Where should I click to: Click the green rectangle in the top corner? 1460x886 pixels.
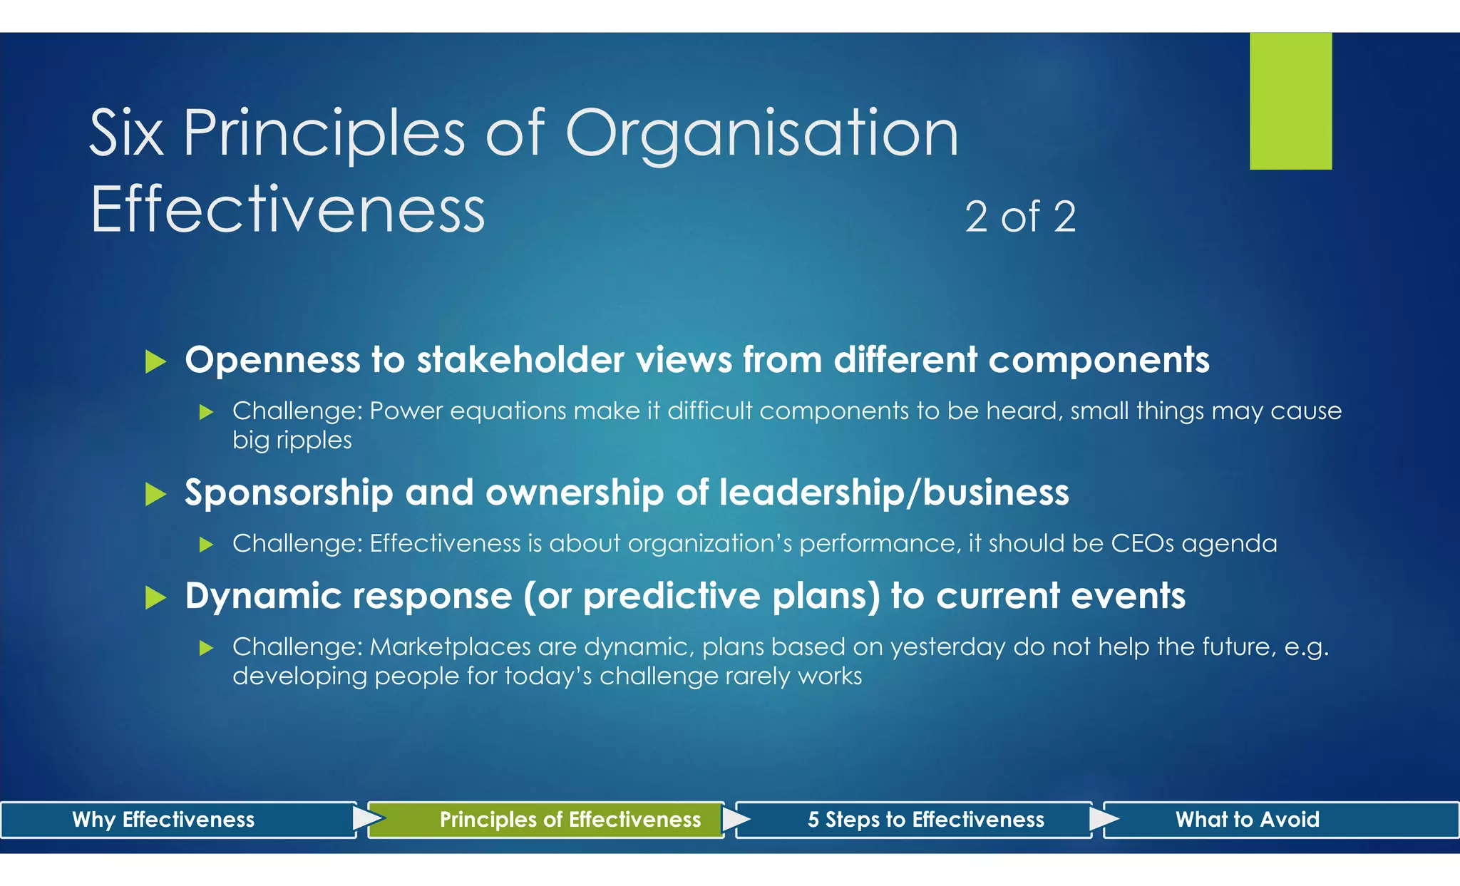coord(1290,101)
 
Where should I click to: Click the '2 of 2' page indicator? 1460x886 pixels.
coord(1020,217)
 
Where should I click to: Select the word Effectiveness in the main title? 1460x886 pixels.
coord(287,210)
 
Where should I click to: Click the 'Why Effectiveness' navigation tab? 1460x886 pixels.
coord(164,820)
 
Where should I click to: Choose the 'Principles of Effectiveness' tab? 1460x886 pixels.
coord(570,820)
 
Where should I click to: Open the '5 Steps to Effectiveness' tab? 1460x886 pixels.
coord(925,820)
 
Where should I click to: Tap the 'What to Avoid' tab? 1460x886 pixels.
coord(1247,820)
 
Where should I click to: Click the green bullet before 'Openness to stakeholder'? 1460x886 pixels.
coord(155,361)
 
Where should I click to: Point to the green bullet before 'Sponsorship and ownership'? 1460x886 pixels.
coord(155,494)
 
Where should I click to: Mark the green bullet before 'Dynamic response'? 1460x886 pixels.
coord(155,597)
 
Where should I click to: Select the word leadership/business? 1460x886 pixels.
coord(894,493)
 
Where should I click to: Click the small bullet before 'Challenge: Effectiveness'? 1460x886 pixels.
coord(206,545)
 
